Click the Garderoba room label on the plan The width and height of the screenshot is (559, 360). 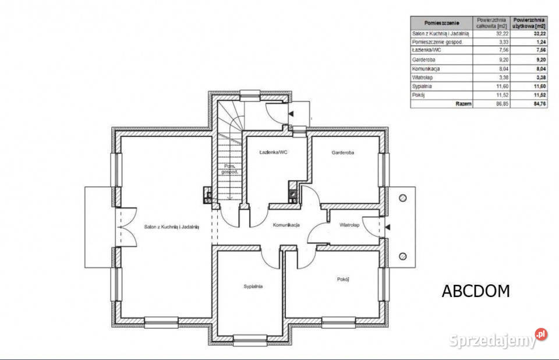pos(342,153)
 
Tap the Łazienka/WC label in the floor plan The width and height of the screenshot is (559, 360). pos(274,152)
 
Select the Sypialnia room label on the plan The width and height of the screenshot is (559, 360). pos(253,286)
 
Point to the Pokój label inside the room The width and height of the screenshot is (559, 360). pos(342,280)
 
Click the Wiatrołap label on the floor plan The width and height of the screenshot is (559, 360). pos(349,225)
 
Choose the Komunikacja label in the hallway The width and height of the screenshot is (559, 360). pos(286,225)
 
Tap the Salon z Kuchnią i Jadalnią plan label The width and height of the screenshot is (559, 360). pos(171,227)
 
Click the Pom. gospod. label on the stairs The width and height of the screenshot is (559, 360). pos(229,169)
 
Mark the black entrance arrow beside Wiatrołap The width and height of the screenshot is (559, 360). pos(388,227)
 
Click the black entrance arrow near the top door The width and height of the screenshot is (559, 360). pos(291,114)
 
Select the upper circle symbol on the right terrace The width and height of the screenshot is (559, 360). pos(403,198)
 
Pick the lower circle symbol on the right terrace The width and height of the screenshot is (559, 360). pos(403,256)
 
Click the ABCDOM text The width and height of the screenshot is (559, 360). pos(476,291)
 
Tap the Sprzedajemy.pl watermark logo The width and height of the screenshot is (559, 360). pos(498,339)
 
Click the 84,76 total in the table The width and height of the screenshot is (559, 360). pos(539,104)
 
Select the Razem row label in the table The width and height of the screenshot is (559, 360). pos(464,104)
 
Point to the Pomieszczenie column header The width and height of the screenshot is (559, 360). pos(442,23)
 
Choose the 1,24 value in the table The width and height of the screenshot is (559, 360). pos(541,42)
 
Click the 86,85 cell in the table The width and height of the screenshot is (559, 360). pos(502,104)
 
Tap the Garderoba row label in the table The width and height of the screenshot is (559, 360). pos(423,59)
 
